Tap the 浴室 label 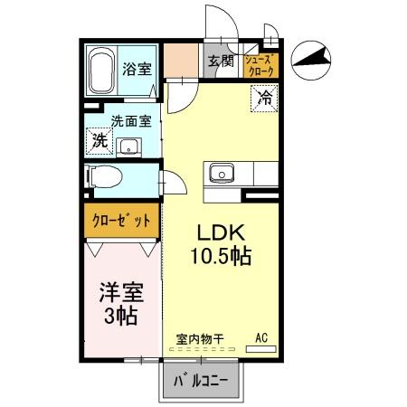click(x=137, y=67)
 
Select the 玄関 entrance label click(x=221, y=62)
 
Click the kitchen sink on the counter click(x=222, y=173)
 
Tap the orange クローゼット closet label click(x=122, y=221)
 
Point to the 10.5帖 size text click(x=220, y=257)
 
